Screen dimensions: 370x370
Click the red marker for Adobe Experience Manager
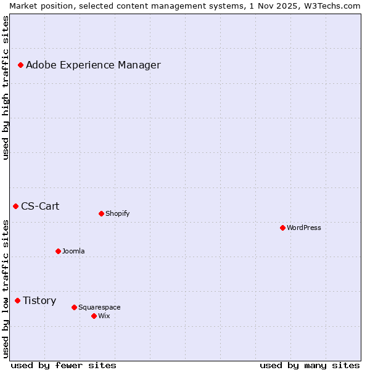(x=20, y=65)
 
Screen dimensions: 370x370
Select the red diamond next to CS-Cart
(x=15, y=206)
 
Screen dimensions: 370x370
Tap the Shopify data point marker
(x=101, y=213)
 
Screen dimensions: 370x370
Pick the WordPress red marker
(x=282, y=228)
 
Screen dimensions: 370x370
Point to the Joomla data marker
(x=58, y=251)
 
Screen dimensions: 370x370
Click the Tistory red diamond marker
(x=17, y=300)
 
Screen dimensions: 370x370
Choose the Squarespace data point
(x=74, y=307)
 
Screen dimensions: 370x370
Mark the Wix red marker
(x=94, y=316)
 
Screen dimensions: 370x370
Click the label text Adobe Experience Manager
(x=93, y=65)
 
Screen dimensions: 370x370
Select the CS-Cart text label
(x=40, y=206)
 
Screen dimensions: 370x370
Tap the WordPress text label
(x=304, y=228)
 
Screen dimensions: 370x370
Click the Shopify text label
(x=118, y=213)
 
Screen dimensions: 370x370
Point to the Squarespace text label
(x=99, y=307)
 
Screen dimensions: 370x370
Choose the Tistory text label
(x=39, y=300)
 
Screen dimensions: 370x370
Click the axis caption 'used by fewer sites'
(x=64, y=365)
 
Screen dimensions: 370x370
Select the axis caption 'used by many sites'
(x=310, y=365)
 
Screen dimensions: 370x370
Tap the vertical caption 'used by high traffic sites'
(x=6, y=88)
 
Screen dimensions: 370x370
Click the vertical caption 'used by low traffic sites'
(x=6, y=288)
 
